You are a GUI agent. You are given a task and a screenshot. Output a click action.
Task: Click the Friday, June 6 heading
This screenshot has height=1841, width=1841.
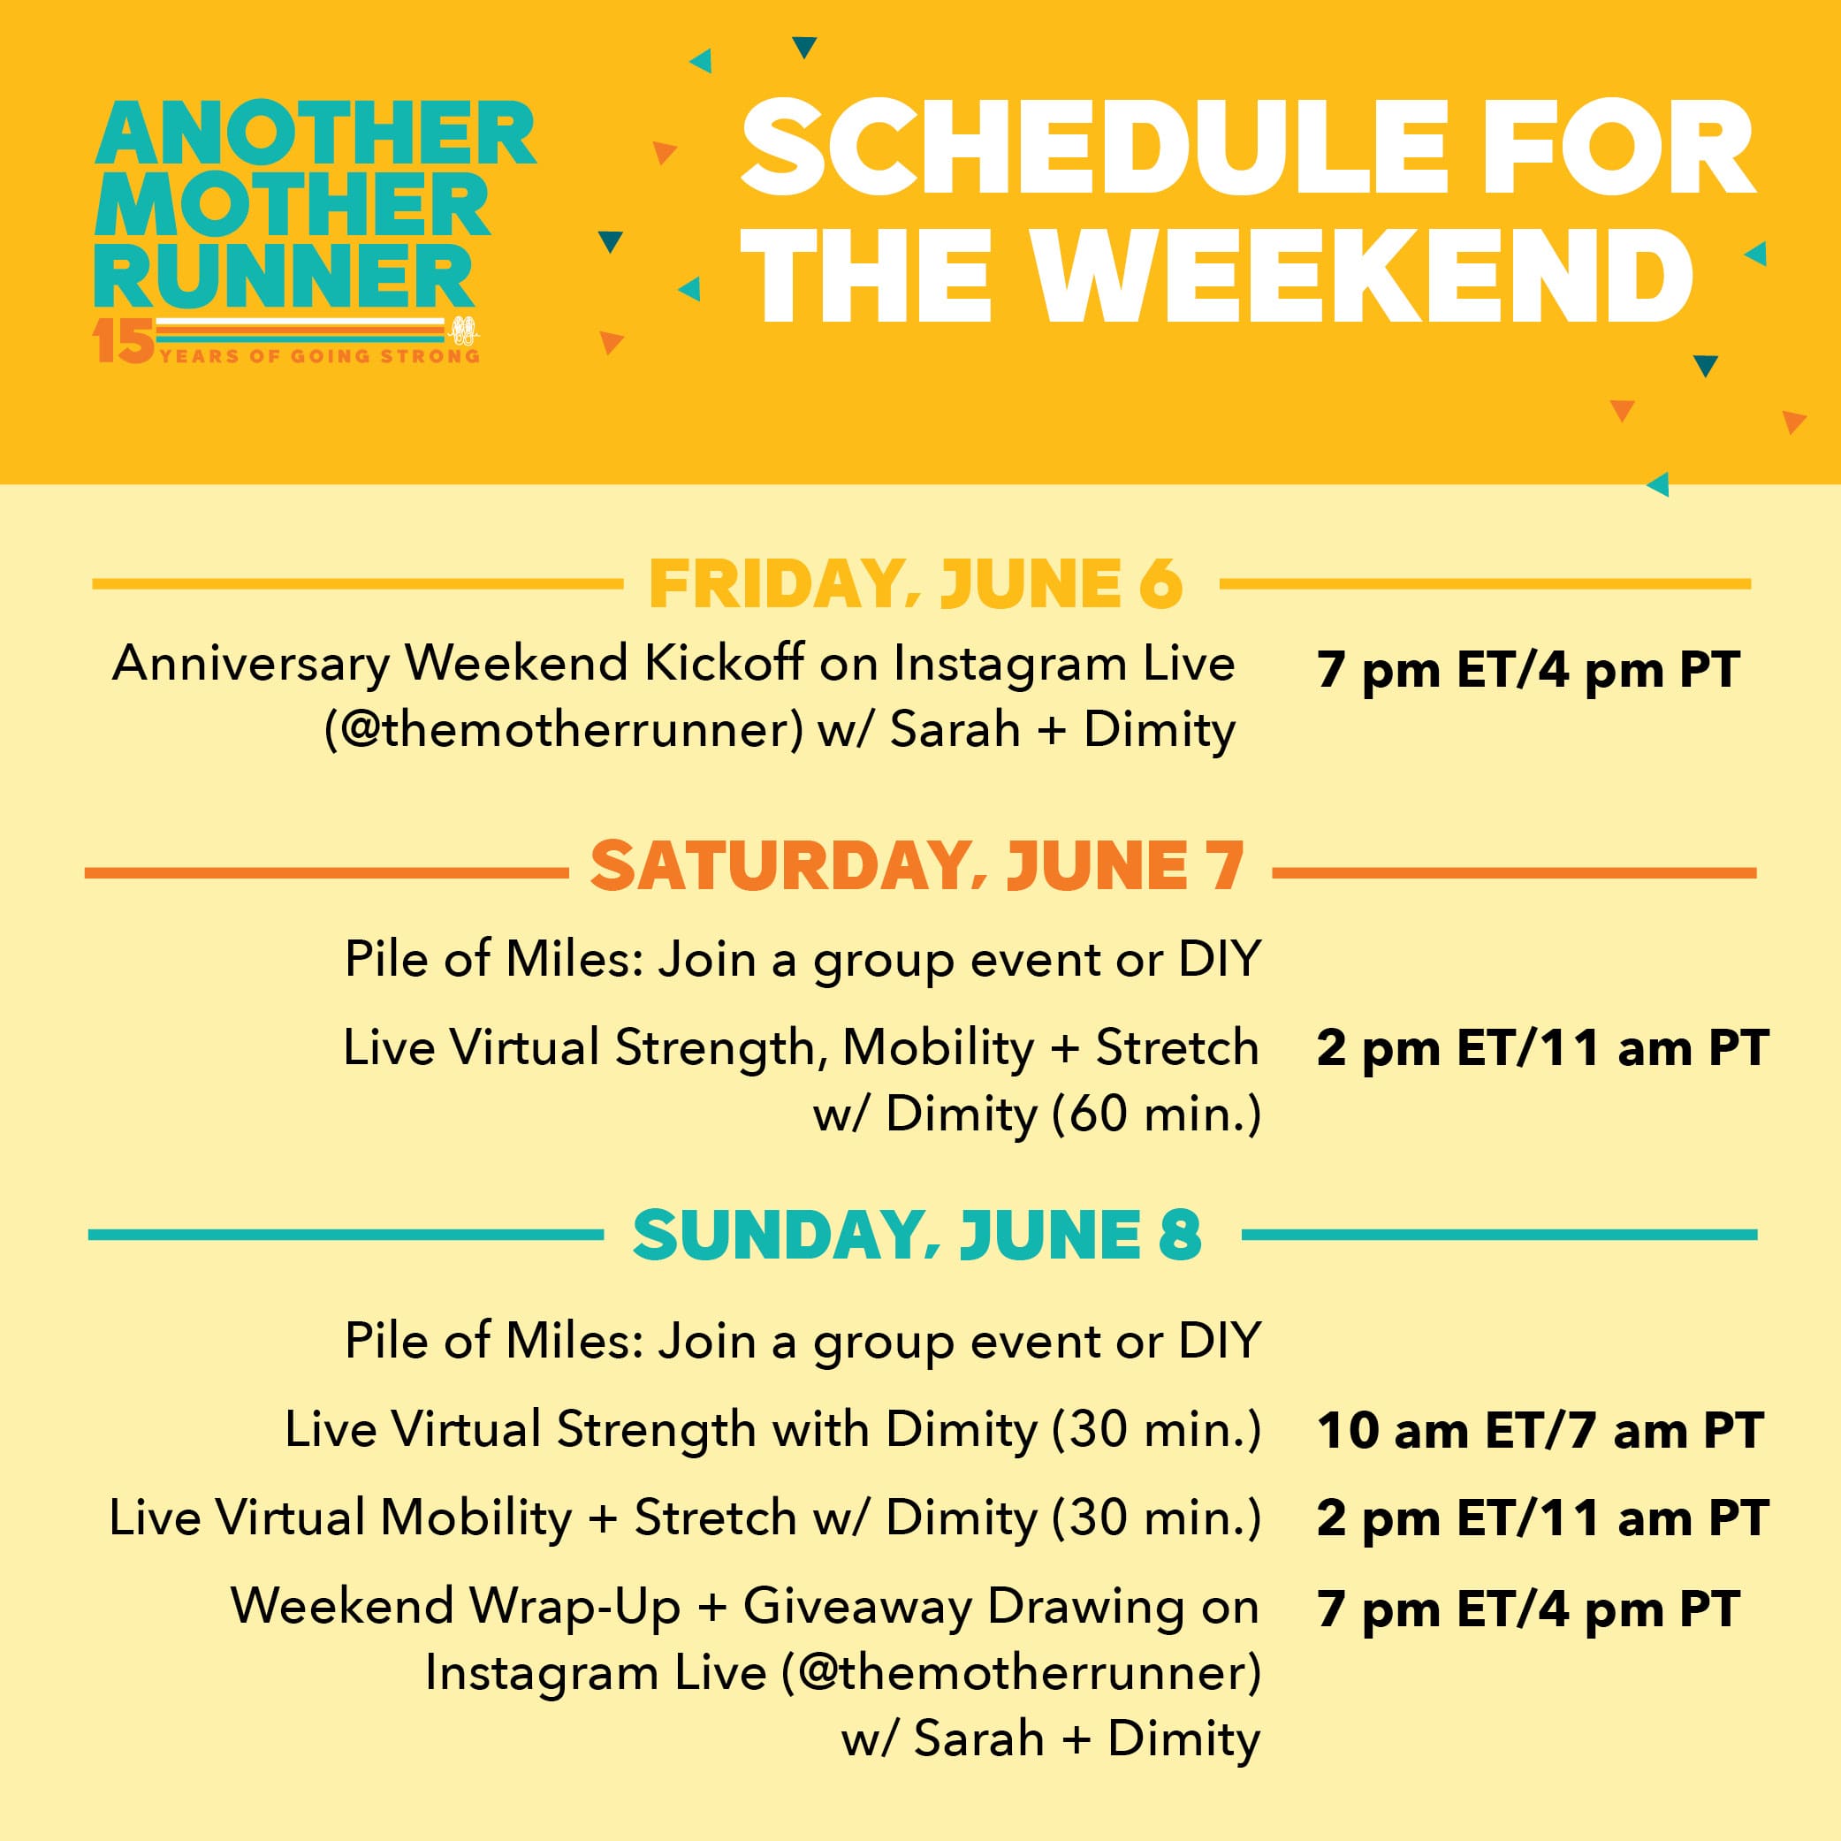916,583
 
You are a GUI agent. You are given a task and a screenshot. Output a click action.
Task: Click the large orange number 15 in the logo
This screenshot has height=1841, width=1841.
123,341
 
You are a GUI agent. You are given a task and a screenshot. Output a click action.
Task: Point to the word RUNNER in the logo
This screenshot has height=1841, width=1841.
284,276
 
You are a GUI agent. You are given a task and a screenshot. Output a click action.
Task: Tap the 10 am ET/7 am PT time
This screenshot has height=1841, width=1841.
1540,1430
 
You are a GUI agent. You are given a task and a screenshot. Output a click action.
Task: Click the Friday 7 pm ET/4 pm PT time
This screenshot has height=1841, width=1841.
1528,670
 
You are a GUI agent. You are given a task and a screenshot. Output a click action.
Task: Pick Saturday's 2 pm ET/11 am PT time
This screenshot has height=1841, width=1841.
1543,1047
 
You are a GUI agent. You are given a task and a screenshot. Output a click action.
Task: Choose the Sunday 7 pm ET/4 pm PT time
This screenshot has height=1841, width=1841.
1528,1609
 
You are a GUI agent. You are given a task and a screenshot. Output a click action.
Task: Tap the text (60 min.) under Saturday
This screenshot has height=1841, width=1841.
1157,1113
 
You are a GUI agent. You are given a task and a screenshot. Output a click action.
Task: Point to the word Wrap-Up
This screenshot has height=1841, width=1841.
575,1607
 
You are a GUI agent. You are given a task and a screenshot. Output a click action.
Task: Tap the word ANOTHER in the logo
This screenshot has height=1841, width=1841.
316,134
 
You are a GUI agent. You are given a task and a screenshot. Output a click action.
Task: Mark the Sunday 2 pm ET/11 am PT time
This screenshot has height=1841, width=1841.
1543,1518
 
